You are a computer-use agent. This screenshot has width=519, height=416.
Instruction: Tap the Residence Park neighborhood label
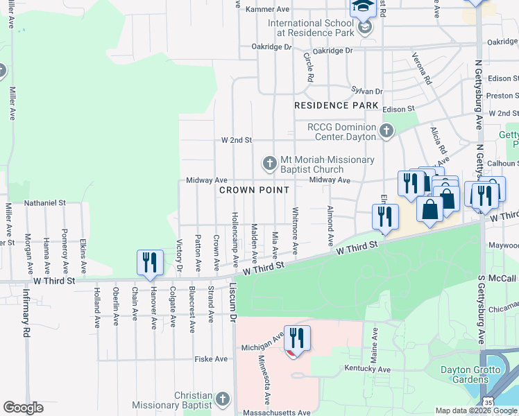click(x=336, y=105)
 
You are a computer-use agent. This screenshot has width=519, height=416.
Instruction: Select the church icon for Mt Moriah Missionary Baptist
click(x=270, y=164)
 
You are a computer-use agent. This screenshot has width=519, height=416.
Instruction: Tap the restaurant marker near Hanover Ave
click(x=150, y=262)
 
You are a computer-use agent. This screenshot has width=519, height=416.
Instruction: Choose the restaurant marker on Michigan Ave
click(x=297, y=338)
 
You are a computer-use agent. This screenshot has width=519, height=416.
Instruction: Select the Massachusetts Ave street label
click(x=276, y=413)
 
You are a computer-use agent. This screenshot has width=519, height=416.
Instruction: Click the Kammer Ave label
click(x=272, y=9)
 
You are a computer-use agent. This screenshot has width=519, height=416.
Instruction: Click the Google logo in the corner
click(x=23, y=408)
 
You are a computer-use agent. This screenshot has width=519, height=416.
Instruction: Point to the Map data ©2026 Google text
click(x=477, y=411)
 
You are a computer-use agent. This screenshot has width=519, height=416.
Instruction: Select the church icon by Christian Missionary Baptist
click(x=222, y=399)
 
